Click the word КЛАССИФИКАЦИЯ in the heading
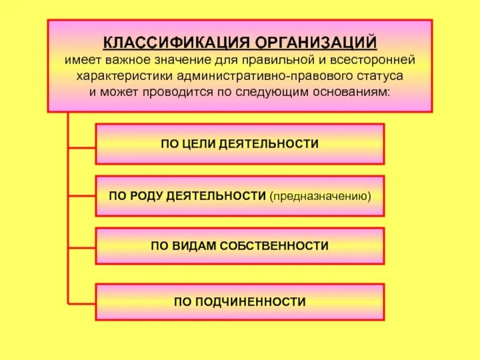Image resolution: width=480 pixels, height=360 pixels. [x=176, y=43]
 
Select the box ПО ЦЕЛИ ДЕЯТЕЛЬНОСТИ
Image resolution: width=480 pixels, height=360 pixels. [x=239, y=144]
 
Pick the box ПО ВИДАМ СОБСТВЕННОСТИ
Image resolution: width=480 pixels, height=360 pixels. [x=239, y=245]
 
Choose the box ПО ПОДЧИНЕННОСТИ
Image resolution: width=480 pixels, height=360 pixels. [x=239, y=302]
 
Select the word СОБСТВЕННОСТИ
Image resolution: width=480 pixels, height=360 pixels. [x=275, y=245]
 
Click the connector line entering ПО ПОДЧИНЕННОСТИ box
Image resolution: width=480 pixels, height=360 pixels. [x=82, y=302]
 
